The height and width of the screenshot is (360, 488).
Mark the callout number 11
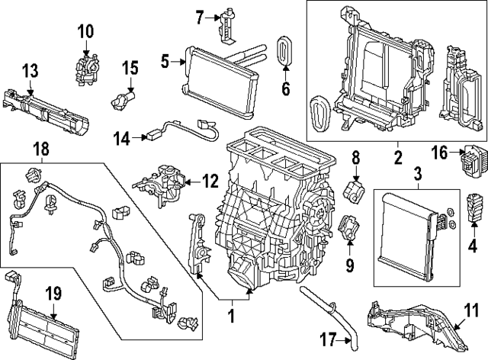(x=474, y=310)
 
